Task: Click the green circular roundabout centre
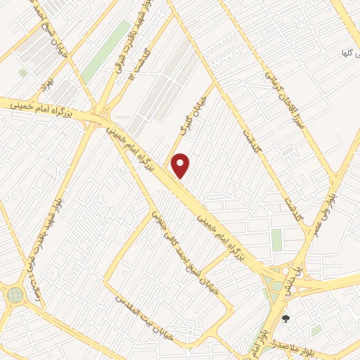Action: click(x=14, y=295)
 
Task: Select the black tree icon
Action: click(x=285, y=319)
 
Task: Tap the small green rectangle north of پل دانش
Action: click(x=277, y=240)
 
